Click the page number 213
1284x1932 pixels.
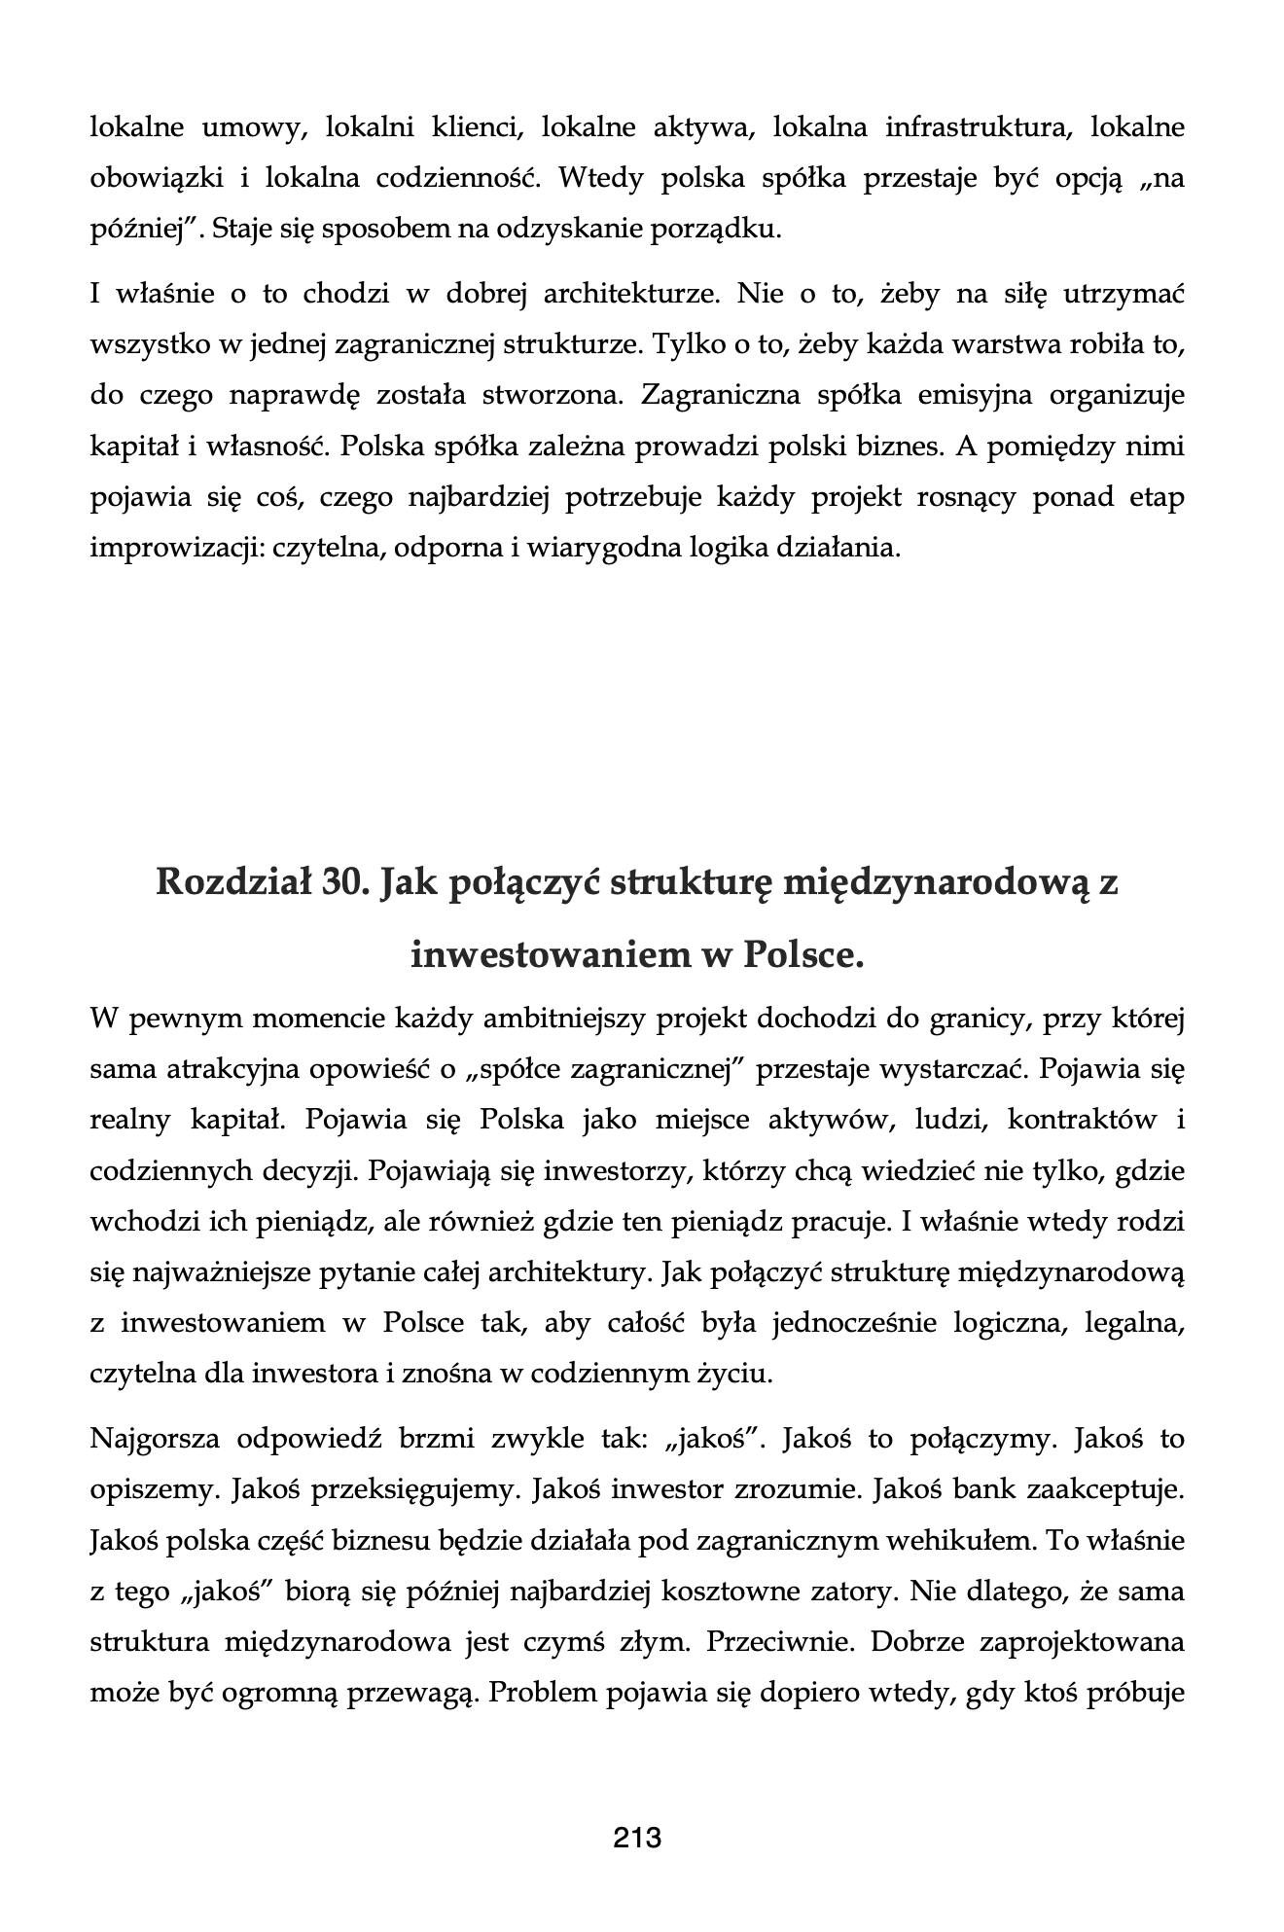pos(637,1838)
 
